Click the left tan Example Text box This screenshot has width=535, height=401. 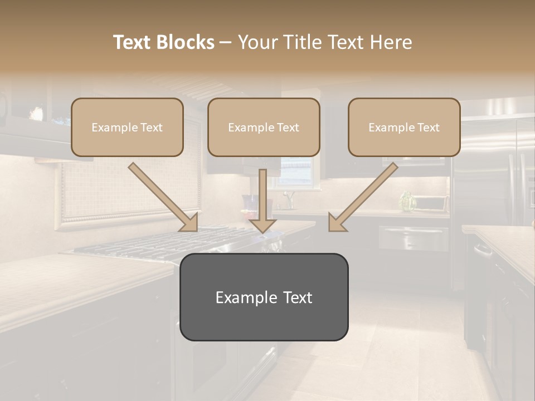[x=127, y=127]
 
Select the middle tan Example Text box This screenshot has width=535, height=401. [x=264, y=127]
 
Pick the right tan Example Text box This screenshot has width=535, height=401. [x=404, y=127]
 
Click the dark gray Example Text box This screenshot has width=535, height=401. [x=264, y=297]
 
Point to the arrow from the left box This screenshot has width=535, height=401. [x=162, y=195]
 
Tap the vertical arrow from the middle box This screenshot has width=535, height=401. [x=262, y=200]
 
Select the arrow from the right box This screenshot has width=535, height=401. [x=365, y=195]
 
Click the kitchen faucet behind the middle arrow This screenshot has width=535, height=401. [x=289, y=198]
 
